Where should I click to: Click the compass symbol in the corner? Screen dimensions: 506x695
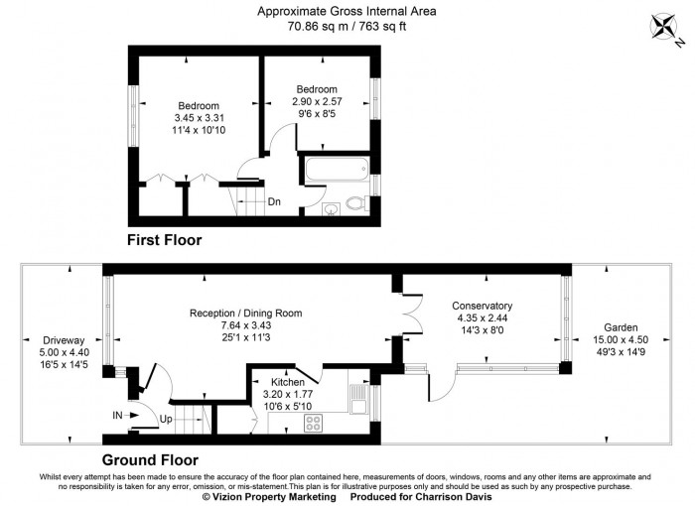[668, 30]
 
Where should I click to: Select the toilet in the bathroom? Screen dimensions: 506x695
[357, 204]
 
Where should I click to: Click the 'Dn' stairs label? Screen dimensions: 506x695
[274, 202]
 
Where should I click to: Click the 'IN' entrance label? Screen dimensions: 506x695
[117, 414]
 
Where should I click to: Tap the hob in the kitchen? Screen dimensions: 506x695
[315, 424]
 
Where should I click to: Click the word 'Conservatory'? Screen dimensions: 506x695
[482, 305]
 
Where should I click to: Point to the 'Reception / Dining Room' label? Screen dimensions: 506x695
[246, 313]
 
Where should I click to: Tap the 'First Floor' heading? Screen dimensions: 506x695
[164, 240]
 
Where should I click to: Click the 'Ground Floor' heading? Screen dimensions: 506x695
[151, 460]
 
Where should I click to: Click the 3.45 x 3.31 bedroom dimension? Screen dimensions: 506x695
[199, 118]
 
